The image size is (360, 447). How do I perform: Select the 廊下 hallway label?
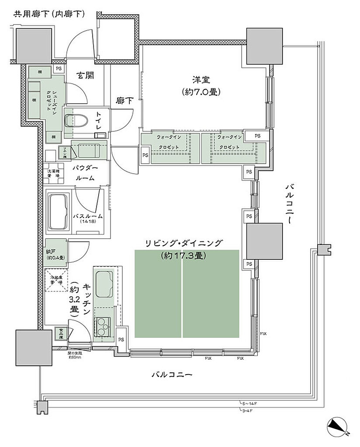tap(125, 100)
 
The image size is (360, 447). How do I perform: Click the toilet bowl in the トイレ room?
tap(75, 120)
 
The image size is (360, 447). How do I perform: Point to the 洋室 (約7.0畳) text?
tap(201, 86)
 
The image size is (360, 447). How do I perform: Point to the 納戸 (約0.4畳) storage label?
tap(55, 254)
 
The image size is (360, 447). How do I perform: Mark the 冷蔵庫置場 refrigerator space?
tap(56, 280)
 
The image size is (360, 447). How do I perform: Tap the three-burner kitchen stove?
tap(103, 326)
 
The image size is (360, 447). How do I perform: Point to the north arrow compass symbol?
tap(338, 426)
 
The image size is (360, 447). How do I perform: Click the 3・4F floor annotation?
tap(246, 410)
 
